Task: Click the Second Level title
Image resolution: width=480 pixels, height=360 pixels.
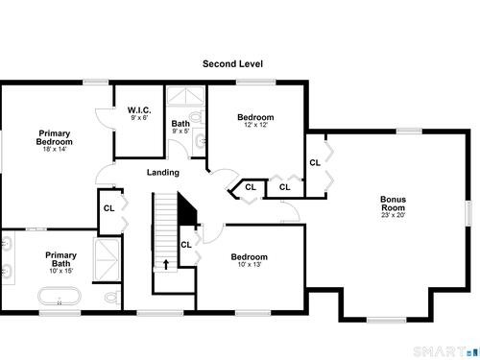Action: [232, 63]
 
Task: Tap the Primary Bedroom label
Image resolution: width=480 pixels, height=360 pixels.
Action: [55, 137]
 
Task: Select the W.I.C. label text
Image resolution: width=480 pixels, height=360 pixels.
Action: [139, 110]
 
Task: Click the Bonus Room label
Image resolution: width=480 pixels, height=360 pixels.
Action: [393, 204]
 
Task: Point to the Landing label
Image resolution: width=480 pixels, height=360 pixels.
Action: [163, 173]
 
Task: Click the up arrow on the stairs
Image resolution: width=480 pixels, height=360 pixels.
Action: [166, 264]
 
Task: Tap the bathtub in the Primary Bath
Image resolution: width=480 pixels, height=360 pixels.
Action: [60, 296]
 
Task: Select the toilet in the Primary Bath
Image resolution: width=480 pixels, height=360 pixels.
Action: [112, 298]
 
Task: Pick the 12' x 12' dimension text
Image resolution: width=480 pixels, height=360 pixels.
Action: [255, 125]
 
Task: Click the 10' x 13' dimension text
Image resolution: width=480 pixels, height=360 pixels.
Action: [250, 264]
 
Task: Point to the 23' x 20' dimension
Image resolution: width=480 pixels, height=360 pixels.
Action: [393, 215]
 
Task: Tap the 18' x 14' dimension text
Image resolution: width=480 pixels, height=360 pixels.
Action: [55, 149]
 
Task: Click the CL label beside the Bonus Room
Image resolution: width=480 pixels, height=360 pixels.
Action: [315, 163]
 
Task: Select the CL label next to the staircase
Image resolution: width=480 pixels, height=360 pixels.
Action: [186, 245]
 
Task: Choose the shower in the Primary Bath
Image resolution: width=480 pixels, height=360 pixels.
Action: [107, 259]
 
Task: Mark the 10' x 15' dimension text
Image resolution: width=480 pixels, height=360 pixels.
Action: [60, 271]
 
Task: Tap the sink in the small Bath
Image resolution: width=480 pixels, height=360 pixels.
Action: [200, 141]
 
